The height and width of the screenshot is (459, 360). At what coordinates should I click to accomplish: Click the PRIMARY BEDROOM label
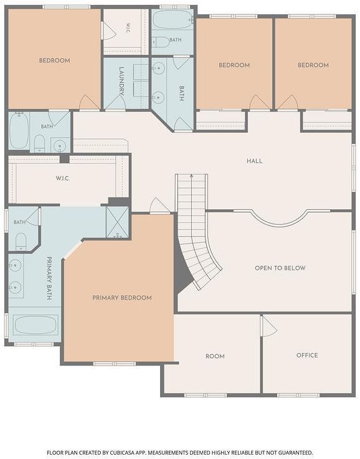122,298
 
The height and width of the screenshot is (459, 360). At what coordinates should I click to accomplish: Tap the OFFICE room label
307,355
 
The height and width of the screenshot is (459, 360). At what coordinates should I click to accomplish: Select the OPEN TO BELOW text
280,268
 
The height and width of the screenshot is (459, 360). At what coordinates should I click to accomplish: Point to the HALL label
254,161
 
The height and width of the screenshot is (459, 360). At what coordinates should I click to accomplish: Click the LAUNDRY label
121,81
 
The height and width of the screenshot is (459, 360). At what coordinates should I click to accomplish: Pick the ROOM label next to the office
215,356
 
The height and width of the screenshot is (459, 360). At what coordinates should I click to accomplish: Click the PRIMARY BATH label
49,278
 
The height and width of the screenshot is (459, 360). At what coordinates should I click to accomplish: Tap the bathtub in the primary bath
35,324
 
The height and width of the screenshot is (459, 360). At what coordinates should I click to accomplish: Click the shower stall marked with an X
117,222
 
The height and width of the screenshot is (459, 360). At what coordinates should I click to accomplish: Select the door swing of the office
269,326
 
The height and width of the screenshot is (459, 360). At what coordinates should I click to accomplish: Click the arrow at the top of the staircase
191,176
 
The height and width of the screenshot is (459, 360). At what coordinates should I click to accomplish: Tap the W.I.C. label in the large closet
63,178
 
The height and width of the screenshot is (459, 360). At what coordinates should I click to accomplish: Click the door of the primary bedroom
159,206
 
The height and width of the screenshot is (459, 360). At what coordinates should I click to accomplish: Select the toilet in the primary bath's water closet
21,242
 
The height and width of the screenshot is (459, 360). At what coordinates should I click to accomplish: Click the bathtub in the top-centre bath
172,19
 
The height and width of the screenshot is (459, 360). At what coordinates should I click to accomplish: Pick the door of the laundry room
115,102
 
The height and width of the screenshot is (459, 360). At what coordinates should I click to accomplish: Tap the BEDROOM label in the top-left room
55,60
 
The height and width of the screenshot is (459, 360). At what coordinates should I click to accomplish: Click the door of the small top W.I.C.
108,31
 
